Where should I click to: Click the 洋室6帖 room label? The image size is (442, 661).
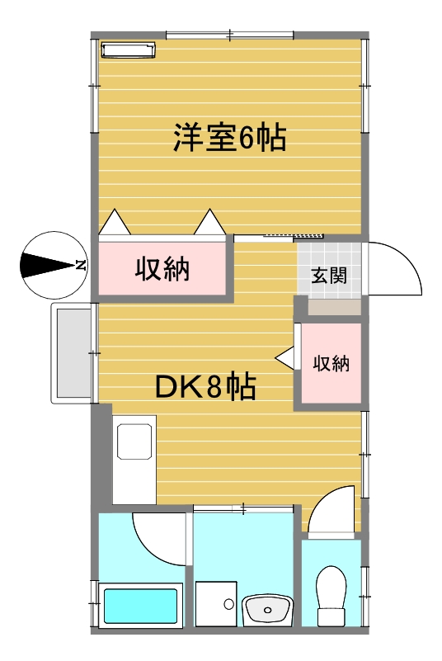(229, 137)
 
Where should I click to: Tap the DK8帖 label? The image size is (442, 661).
(205, 385)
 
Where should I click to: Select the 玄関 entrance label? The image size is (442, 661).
(329, 276)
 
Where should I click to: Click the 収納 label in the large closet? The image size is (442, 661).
(162, 269)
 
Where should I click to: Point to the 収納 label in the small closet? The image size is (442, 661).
(331, 363)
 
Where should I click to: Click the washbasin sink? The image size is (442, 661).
(268, 611)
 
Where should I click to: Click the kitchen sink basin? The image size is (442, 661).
(134, 441)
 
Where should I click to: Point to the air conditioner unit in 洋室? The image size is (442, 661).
(128, 50)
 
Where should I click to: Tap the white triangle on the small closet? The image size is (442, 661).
(284, 358)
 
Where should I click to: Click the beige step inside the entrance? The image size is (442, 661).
(333, 306)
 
